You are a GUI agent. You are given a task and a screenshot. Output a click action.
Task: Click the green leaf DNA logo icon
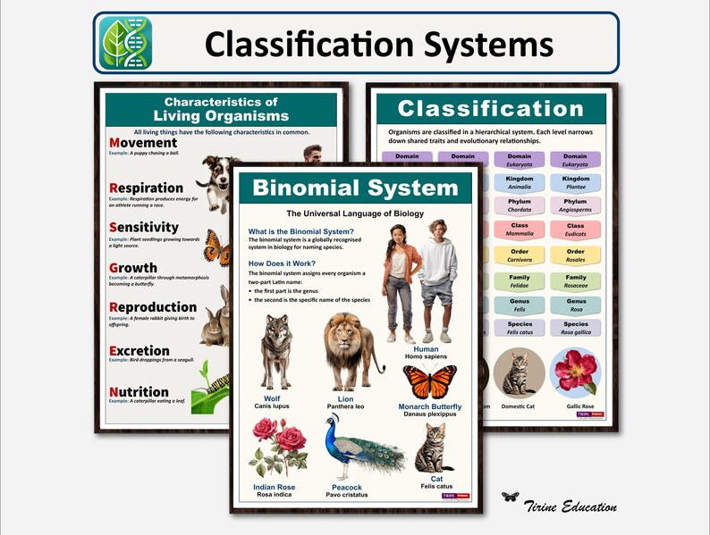point(125,43)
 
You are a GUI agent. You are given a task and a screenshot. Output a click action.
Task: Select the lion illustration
point(351,351)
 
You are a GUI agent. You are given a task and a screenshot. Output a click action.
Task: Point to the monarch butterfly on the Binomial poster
point(429,381)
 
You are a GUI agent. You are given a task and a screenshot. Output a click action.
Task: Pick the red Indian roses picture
point(275,446)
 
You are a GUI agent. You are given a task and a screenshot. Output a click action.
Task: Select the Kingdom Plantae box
point(575,183)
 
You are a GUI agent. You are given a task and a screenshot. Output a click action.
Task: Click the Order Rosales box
point(575,255)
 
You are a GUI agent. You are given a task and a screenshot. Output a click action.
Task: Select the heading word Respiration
point(147,188)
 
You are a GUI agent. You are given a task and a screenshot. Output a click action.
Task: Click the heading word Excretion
point(139,351)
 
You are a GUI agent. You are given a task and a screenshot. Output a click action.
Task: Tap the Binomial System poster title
point(355,188)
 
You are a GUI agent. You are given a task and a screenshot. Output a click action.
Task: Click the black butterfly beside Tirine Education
point(511,497)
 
